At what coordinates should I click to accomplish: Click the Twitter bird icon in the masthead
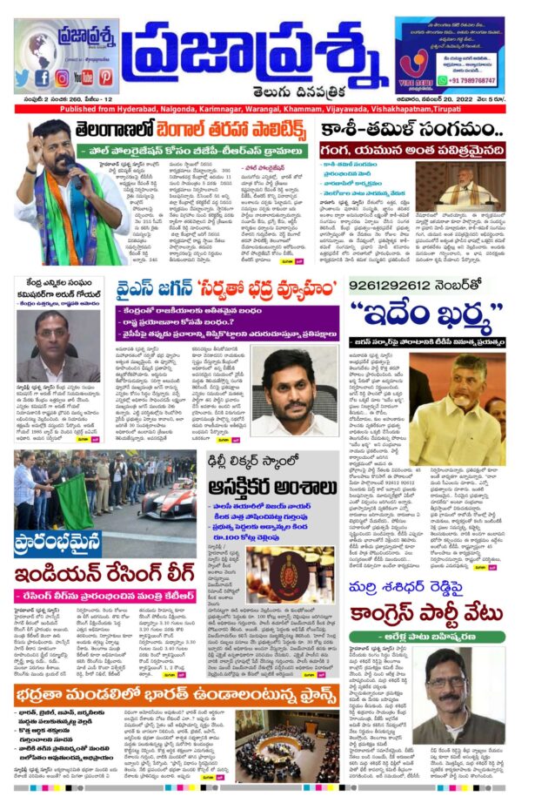[23, 78]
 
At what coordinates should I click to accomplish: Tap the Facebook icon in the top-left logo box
[43, 78]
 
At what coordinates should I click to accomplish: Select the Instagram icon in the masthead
[64, 78]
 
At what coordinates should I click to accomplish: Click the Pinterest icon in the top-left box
[105, 78]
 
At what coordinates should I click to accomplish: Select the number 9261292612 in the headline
[396, 284]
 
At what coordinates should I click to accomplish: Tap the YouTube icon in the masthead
[84, 78]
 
